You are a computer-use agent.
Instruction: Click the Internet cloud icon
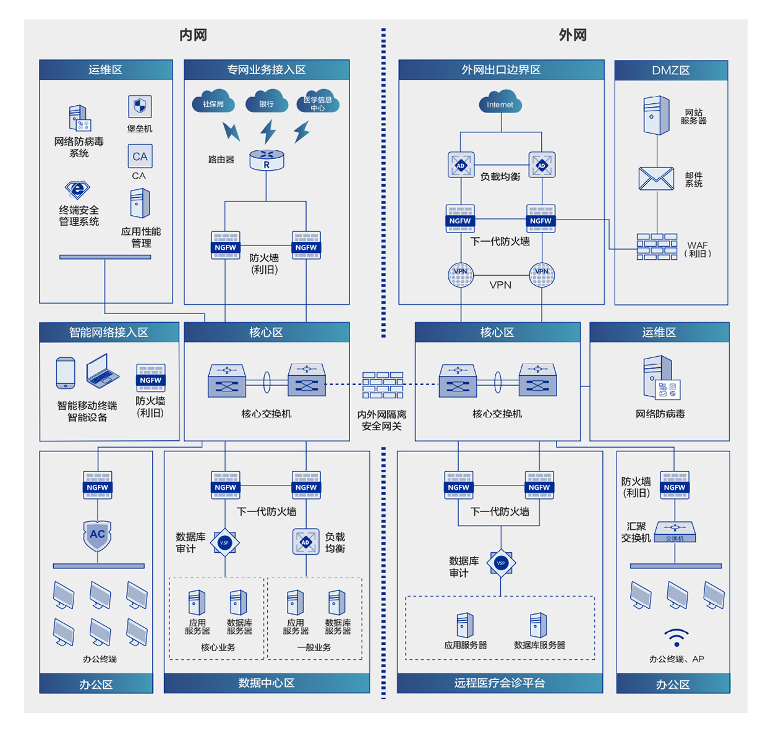click(500, 103)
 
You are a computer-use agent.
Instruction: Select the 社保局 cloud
click(213, 102)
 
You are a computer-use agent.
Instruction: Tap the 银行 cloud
click(267, 102)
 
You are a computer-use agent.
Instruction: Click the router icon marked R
click(267, 160)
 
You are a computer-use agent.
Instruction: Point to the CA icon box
click(140, 156)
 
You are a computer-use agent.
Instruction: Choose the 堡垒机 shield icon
click(140, 106)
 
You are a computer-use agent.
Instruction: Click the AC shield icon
click(97, 535)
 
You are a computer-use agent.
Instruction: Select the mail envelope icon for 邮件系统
click(656, 179)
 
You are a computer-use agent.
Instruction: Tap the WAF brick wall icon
click(657, 247)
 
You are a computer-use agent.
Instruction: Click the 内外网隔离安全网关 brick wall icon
click(383, 385)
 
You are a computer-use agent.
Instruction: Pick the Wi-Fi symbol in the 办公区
click(676, 638)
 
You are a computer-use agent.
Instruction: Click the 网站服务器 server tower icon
click(656, 115)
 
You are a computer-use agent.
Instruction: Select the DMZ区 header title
click(671, 70)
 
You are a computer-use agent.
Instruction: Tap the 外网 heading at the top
click(573, 35)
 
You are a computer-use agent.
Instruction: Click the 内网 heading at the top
click(193, 35)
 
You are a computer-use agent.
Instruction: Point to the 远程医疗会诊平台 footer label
click(500, 683)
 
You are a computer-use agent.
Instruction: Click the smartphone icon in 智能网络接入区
click(66, 373)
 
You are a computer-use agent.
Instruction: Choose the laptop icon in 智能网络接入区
click(102, 371)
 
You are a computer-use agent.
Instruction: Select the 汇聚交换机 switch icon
click(675, 532)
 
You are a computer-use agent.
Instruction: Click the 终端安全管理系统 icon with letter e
click(77, 190)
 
